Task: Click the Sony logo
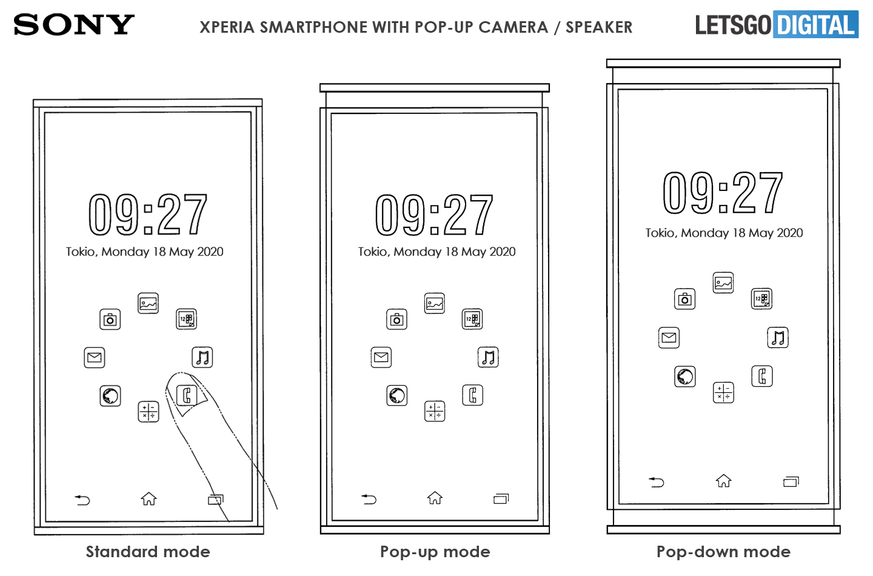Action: tap(74, 25)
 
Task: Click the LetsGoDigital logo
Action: tap(777, 24)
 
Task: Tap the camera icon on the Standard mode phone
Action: tap(110, 320)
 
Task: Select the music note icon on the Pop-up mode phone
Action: tap(488, 357)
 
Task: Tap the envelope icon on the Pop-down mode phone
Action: tap(669, 338)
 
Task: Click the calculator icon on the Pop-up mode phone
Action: tap(435, 411)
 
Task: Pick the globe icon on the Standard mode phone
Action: tap(110, 396)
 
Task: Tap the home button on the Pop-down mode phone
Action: tap(723, 481)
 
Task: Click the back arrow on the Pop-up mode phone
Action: tap(369, 499)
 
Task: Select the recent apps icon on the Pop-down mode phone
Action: tap(791, 482)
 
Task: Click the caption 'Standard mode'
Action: tap(148, 552)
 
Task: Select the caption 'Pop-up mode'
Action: tap(435, 552)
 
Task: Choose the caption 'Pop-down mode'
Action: tap(723, 552)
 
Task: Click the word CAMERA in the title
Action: tap(513, 27)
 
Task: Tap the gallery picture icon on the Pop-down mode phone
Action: tap(723, 283)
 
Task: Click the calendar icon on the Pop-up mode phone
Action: tap(472, 319)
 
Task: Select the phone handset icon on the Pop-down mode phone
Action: tap(762, 377)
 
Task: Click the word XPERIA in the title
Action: tap(227, 27)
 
